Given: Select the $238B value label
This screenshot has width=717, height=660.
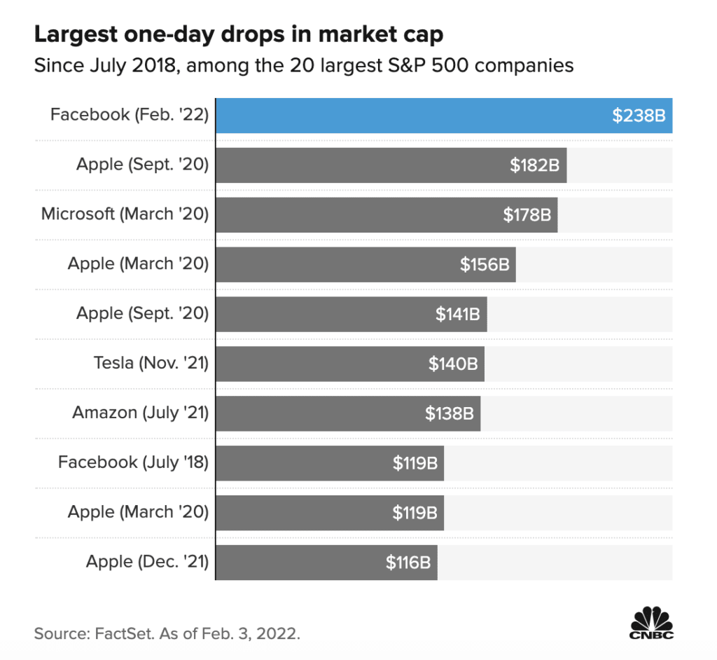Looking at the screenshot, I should point(639,116).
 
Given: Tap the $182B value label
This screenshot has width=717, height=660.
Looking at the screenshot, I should point(534,165).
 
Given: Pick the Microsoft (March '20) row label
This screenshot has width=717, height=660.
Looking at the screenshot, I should point(125,214).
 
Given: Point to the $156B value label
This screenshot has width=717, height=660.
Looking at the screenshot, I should point(484,265).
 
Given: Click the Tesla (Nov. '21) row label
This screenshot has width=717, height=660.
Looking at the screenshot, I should point(151,363).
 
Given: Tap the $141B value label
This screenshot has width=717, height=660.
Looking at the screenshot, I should point(457,315).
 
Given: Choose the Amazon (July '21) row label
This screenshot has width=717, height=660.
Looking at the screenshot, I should point(141,413).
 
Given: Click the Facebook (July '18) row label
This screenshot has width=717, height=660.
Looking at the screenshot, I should point(134,462).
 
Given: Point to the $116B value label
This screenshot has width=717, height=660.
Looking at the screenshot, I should point(408,563).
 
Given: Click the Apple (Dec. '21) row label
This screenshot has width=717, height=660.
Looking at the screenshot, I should point(148,562).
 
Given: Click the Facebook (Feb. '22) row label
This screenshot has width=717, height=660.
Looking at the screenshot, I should point(130,114).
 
